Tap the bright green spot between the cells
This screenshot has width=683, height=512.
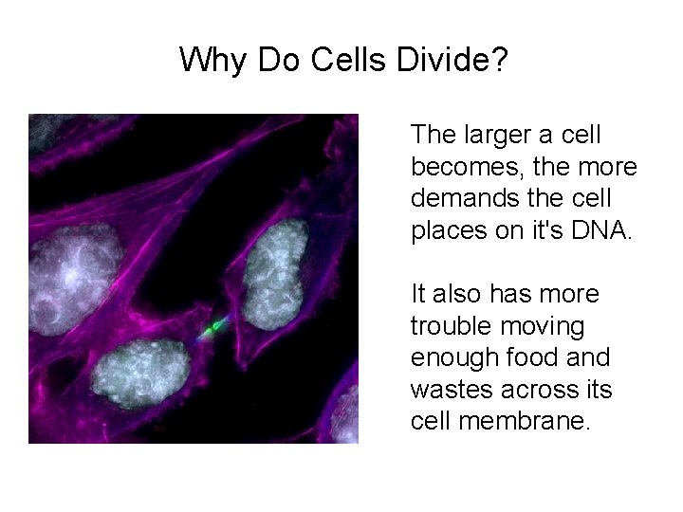pos(216,326)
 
